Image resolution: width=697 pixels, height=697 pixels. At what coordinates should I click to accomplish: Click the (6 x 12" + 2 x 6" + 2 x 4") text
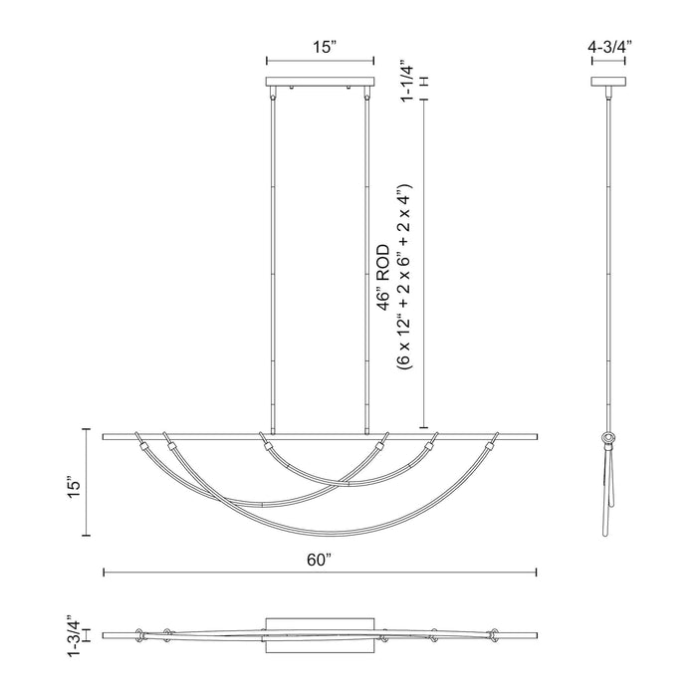tap(402, 278)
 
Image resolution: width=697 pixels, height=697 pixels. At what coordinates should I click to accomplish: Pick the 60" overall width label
tap(319, 561)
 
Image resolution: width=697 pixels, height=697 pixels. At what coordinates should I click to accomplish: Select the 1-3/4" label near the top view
tap(70, 633)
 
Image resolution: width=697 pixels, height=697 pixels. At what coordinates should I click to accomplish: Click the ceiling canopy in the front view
tap(321, 84)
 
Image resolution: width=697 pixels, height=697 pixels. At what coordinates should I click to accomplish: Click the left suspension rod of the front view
tap(274, 259)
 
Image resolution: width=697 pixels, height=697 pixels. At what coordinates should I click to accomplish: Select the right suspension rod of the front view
tap(367, 259)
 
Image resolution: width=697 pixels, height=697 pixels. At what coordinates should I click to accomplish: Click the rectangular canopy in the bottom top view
tap(321, 634)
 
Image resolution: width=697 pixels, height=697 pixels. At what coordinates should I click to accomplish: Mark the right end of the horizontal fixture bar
tap(536, 434)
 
